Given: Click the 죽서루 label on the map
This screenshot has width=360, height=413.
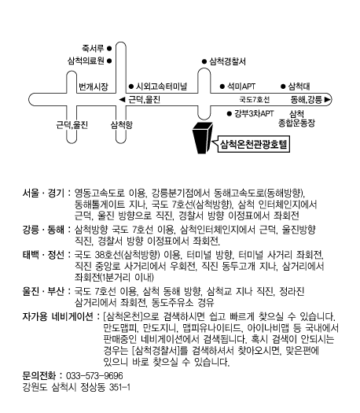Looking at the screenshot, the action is [x=93, y=49].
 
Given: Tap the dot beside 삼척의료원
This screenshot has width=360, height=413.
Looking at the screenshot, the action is [x=109, y=61].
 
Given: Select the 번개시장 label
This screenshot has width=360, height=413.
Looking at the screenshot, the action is [x=94, y=87].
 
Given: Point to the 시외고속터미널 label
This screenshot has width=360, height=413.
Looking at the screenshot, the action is [x=161, y=86].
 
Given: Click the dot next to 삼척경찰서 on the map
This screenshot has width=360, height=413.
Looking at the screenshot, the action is [x=204, y=61].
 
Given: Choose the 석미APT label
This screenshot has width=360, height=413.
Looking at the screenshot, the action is [x=241, y=86].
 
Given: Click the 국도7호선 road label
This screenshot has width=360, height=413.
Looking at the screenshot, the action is [x=255, y=100].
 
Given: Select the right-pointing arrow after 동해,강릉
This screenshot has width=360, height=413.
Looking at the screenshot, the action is [x=327, y=100].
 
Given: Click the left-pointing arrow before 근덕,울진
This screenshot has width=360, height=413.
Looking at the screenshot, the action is [x=122, y=100].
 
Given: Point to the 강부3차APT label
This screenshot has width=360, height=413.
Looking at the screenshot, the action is [x=254, y=113].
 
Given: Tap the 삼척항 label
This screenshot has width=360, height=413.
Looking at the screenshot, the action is [x=122, y=124].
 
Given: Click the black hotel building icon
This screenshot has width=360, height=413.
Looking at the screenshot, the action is [x=202, y=138].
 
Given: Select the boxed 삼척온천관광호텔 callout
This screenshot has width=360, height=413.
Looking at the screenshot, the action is [x=253, y=144].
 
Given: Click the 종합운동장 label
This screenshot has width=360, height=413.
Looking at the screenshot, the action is [x=296, y=123].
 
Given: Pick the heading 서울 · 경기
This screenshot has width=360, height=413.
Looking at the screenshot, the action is [x=43, y=193].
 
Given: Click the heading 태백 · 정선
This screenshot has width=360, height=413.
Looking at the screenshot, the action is [x=43, y=255].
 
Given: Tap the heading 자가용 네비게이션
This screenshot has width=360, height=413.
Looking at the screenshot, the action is [x=58, y=316].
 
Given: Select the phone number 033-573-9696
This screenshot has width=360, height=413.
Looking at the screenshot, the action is [x=94, y=375].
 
